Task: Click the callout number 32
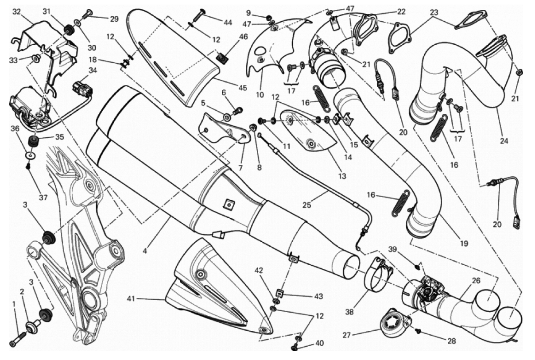coord(17,12)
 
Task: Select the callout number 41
coord(132,298)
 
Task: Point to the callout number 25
coord(307,205)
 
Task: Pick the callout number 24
coord(504,141)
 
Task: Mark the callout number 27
coord(347,335)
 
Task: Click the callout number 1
coord(14,304)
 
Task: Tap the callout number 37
coord(43,197)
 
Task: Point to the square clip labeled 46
coord(221,58)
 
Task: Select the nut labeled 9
coord(269,17)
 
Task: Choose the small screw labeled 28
coord(418,331)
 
